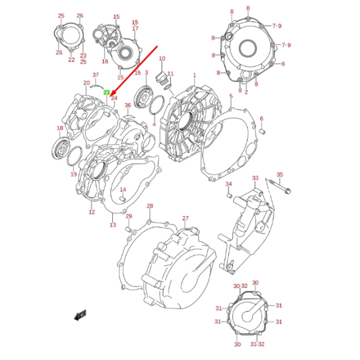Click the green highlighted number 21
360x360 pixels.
(x=107, y=92)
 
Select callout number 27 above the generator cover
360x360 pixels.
(x=185, y=218)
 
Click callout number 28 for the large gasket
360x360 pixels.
(x=149, y=206)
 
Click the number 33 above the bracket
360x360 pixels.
(x=255, y=178)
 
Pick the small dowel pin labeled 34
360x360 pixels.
(x=229, y=194)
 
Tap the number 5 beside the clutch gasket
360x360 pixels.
(x=231, y=96)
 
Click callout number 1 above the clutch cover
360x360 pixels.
(x=194, y=75)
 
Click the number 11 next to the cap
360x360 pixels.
(x=170, y=74)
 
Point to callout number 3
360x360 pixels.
(x=146, y=73)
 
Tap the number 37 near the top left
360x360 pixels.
(x=95, y=74)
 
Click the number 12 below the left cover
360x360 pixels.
(x=92, y=212)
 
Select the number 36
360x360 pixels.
(x=128, y=106)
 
